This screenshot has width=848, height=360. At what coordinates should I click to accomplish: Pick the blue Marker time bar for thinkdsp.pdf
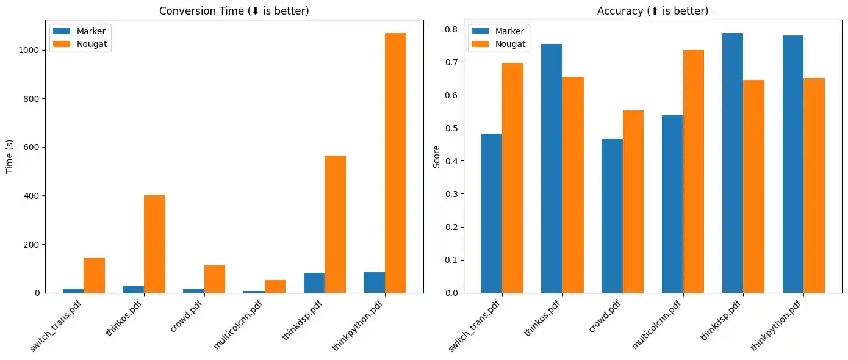[314, 283]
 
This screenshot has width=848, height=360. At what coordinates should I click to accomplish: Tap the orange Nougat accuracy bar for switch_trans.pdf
[512, 178]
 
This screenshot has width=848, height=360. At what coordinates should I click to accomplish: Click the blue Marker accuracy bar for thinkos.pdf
[552, 168]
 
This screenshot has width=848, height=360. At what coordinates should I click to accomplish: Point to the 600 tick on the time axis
[33, 147]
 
